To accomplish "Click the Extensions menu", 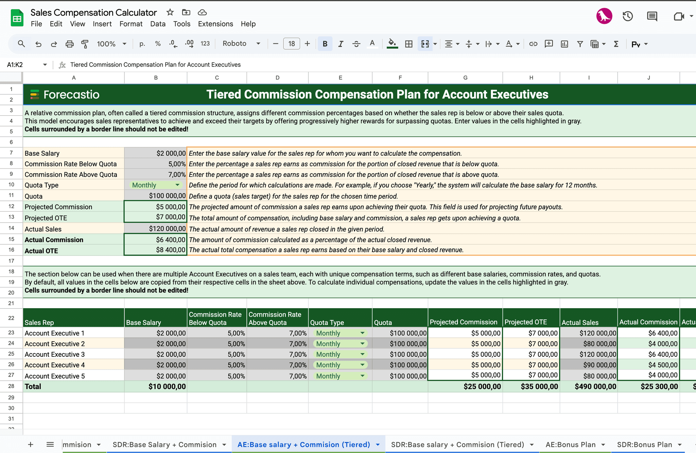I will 215,24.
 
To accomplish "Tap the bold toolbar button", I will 325,44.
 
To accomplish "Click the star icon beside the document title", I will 170,13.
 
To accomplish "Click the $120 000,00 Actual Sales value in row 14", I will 167,229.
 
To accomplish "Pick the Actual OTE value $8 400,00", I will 171,250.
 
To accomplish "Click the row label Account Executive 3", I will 55,354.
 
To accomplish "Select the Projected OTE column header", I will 526,322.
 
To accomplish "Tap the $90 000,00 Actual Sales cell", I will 599,365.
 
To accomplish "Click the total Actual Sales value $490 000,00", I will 595,386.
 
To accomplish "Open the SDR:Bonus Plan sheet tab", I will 644,445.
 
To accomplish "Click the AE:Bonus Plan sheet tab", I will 570,445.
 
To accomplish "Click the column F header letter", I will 400,78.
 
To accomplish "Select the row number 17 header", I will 11,261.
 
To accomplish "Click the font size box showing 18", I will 291,44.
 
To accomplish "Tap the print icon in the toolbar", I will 69,44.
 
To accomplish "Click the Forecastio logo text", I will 71,94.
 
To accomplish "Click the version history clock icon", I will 627,16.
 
